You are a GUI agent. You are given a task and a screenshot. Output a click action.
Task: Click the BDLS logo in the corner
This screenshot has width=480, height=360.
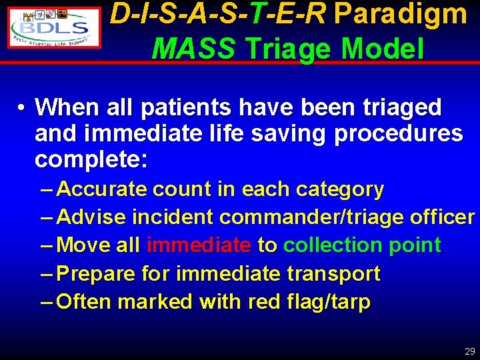click(55, 26)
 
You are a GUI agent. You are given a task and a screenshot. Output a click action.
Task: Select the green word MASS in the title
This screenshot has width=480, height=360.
click(193, 48)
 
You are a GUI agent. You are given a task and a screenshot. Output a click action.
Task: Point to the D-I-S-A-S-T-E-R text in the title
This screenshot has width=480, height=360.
click(218, 15)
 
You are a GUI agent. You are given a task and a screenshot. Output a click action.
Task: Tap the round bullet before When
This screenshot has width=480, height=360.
click(22, 107)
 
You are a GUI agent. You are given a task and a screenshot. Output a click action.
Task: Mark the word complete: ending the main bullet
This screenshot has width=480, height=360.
click(94, 161)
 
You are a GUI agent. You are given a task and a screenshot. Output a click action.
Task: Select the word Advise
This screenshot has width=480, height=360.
click(92, 217)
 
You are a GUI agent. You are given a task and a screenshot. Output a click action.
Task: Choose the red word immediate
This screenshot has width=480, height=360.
click(199, 245)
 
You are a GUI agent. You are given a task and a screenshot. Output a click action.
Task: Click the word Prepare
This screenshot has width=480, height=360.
click(97, 274)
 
